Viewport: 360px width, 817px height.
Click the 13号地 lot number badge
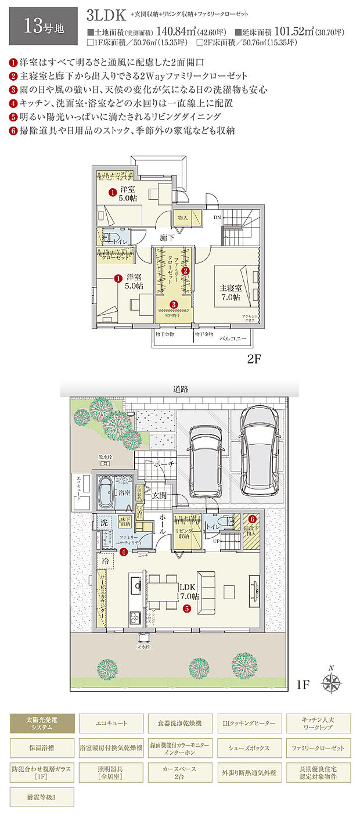pos(44,26)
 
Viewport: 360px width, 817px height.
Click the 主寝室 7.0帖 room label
pos(230,292)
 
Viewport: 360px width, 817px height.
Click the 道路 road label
pos(181,389)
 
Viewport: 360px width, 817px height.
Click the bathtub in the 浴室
pos(106,493)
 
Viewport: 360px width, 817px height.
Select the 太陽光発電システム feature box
pos(42,724)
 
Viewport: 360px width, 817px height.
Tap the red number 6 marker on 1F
pos(252,519)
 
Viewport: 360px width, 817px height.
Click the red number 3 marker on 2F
pos(174,304)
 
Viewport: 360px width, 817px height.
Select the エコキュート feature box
pos(111,724)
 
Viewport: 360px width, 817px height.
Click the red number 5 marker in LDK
pos(186,609)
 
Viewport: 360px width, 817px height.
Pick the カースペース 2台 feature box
pos(180,773)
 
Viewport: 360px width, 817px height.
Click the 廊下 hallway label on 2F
pos(167,237)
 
